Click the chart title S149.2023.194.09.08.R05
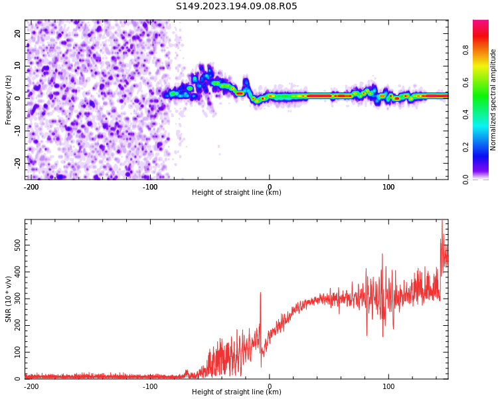236,7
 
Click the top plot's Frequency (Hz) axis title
9,100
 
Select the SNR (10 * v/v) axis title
9,299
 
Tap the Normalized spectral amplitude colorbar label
493,100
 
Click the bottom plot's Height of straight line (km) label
236,392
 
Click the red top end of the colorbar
480,23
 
